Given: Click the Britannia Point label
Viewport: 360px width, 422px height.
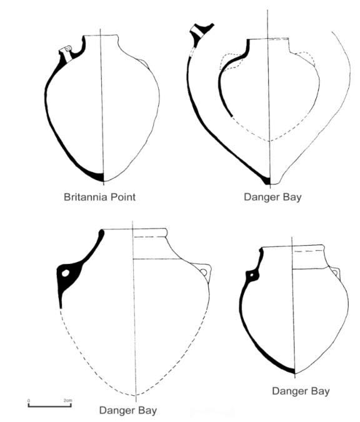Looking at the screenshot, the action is pos(99,197).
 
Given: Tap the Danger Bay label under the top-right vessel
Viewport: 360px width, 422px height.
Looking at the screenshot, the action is pos(272,198).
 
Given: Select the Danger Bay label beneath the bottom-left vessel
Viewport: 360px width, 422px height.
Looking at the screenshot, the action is pos(128,411).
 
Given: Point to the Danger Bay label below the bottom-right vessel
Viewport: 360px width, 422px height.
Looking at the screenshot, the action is pos(301,391).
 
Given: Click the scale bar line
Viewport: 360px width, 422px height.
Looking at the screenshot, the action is pos(50,406).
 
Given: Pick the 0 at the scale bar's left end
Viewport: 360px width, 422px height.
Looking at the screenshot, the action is pos(29,401).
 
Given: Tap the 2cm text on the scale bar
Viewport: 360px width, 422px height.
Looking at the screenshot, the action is pos(67,401).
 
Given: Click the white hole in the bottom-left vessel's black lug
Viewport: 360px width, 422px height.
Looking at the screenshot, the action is pos(66,273).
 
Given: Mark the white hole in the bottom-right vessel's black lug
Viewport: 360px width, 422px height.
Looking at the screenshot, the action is pos(252,275).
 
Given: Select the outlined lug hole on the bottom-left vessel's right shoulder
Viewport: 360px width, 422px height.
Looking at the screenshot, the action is pos(204,273).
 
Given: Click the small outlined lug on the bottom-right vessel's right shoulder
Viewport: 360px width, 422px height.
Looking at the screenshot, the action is pos(335,273).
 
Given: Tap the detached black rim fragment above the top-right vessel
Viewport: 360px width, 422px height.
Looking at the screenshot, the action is pos(201,31).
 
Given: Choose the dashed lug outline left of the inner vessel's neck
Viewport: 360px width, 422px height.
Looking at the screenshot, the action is pos(231,62).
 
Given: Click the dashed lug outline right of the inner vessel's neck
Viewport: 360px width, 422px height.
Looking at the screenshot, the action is pos(306,58).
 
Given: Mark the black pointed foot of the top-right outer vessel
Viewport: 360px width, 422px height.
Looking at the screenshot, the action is pos(266,180).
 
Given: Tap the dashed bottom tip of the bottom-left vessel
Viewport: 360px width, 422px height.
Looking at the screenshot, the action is pos(136,395).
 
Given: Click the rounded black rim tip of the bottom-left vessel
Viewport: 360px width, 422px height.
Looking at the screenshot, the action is pos(102,233).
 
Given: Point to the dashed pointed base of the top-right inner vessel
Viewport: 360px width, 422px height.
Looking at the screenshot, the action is pos(269,140).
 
